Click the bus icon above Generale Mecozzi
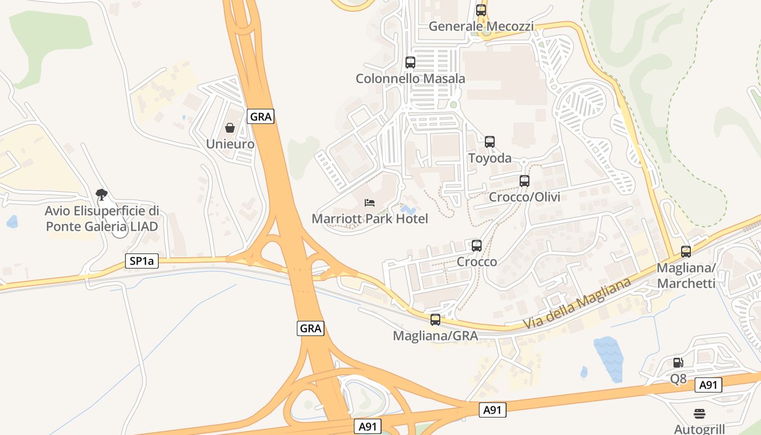[481, 10]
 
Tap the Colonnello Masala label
[410, 79]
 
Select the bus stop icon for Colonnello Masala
[410, 63]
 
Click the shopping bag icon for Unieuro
[230, 128]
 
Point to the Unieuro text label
[230, 144]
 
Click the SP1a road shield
[142, 261]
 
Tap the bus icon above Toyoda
[490, 142]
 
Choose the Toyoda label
[490, 158]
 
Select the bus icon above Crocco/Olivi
[525, 181]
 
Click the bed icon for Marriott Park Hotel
[370, 203]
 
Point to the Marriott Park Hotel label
[370, 219]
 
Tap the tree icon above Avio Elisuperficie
[101, 194]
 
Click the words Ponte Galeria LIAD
[102, 226]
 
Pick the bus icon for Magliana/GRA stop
[435, 320]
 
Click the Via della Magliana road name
[577, 304]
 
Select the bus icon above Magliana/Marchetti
[686, 252]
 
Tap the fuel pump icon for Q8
[678, 363]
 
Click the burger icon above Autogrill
[700, 413]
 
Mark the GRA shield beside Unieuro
[261, 116]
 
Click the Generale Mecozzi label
[481, 26]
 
